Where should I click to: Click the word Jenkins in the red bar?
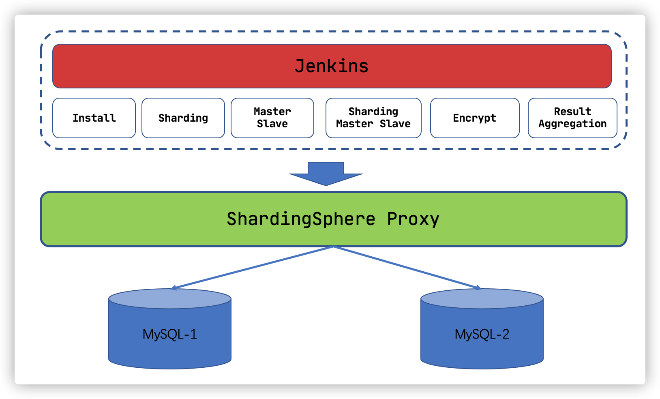tap(331, 66)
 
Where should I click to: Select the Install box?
tap(94, 118)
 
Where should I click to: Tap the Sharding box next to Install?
tap(183, 118)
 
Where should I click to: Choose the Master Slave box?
tap(272, 118)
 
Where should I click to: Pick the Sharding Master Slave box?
tap(373, 118)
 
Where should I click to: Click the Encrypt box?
tap(475, 118)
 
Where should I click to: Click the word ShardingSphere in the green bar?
tap(301, 219)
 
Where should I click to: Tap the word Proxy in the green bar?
tap(413, 219)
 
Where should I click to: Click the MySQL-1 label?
tap(170, 334)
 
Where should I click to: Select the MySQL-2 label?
tap(482, 334)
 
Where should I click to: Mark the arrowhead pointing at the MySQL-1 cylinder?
tap(174, 288)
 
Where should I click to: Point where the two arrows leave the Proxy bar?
tap(333, 247)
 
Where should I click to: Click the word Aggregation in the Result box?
tap(572, 124)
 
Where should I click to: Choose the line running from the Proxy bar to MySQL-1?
tap(253, 267)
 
